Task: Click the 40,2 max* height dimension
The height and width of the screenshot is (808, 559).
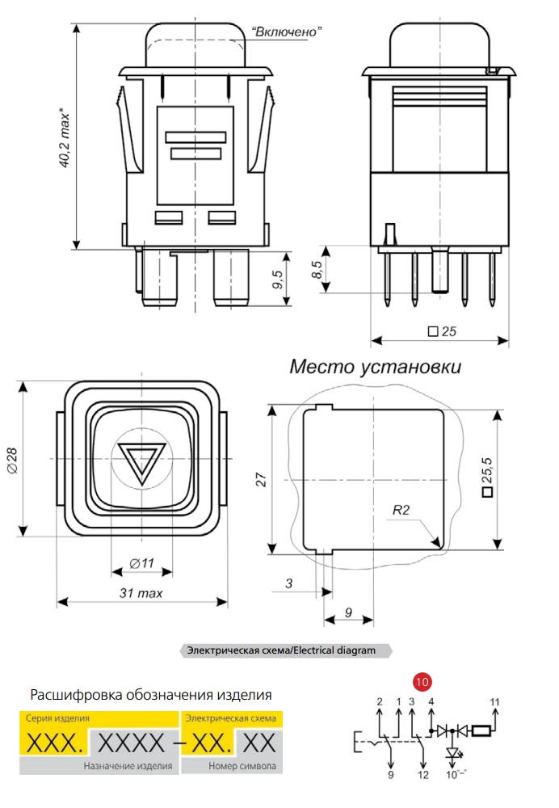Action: [x=65, y=137]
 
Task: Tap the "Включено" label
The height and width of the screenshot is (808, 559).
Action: [x=287, y=32]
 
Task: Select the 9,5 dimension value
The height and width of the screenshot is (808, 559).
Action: [x=278, y=280]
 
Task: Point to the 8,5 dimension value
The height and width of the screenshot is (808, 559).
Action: [x=317, y=269]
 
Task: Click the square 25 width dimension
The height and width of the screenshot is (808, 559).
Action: [x=442, y=331]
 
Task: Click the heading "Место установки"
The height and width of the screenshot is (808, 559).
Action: [x=375, y=366]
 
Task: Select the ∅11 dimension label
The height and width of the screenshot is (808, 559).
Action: [x=141, y=563]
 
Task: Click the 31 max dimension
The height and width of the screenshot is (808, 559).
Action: [x=141, y=593]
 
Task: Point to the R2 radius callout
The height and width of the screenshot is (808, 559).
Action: [x=401, y=510]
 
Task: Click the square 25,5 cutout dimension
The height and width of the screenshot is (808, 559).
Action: [x=487, y=478]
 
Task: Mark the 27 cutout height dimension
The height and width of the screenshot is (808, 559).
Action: [x=262, y=480]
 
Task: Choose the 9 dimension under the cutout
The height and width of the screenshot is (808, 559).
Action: [x=348, y=612]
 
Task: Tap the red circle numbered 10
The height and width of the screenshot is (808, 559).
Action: [x=422, y=682]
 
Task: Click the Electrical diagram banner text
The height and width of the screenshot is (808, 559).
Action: [x=281, y=650]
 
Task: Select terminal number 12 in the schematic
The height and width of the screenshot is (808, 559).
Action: [x=423, y=775]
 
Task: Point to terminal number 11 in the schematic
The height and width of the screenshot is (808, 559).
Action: [x=494, y=702]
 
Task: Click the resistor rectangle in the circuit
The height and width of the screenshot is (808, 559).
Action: [x=481, y=730]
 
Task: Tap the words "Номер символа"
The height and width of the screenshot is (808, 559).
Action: [x=242, y=766]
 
